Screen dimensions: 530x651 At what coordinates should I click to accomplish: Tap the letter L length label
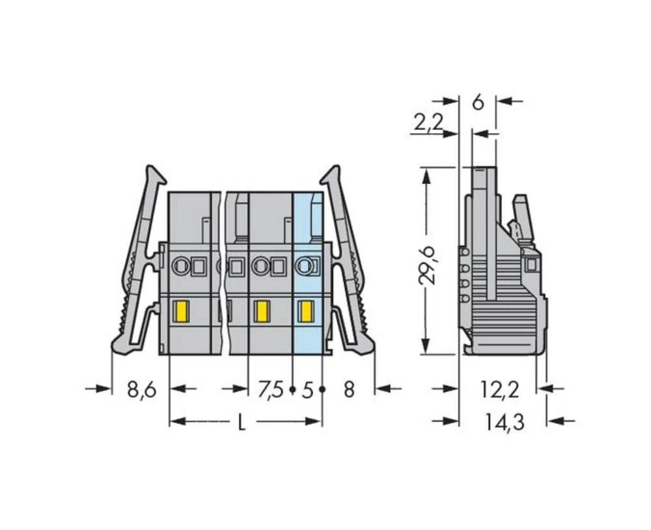[x=242, y=423]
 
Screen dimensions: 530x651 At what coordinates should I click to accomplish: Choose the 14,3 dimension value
[x=505, y=423]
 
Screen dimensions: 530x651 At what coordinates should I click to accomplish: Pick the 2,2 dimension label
[x=428, y=122]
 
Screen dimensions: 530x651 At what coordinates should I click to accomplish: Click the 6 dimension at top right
[x=478, y=102]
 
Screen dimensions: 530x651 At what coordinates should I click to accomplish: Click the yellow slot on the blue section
[x=304, y=312]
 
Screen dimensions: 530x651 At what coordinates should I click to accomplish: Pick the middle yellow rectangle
[x=262, y=312]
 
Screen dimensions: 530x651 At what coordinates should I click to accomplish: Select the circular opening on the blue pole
[x=303, y=265]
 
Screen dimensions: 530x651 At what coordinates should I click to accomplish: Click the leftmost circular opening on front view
[x=179, y=265]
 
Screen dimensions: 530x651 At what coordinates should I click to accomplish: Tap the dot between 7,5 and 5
[x=292, y=390]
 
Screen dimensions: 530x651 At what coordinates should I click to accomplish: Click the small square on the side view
[x=531, y=264]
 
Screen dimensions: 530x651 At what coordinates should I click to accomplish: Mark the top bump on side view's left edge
[x=464, y=252]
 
